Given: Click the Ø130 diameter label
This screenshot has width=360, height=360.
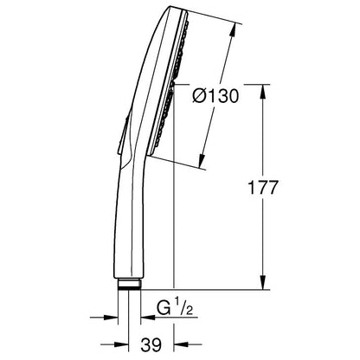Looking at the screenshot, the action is (215, 96).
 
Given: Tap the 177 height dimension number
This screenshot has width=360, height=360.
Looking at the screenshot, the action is (263, 188).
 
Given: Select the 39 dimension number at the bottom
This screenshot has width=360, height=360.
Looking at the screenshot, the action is (151, 344).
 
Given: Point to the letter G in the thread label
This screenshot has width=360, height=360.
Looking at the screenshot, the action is (164, 308).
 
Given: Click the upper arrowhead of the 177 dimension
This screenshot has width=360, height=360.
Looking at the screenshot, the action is (262, 91).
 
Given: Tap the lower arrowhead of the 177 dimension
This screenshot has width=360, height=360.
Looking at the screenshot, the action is (262, 282).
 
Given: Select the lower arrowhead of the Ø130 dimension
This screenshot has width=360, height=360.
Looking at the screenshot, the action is (202, 161).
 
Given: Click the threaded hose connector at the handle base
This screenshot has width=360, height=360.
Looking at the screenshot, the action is (129, 284).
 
